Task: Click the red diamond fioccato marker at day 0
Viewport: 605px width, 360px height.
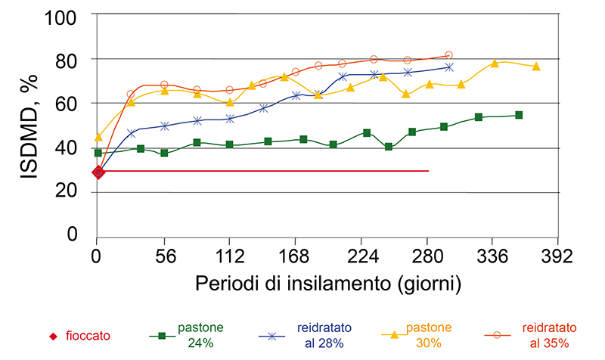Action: pos(98,172)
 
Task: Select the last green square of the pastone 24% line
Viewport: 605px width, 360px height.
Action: pos(519,115)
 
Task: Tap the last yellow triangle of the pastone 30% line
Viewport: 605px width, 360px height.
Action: pos(536,67)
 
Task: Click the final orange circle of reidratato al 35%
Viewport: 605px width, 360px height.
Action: pos(448,55)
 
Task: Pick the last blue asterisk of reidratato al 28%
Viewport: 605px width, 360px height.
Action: pos(449,67)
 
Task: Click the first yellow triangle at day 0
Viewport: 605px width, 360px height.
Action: pos(98,137)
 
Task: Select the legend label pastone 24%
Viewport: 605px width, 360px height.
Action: pos(200,336)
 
